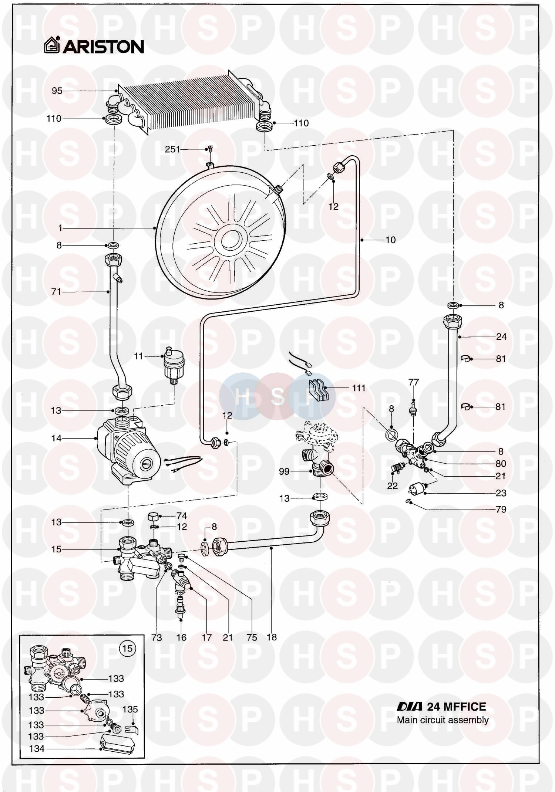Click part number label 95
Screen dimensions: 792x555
click(x=57, y=91)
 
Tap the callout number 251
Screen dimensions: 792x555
click(x=172, y=149)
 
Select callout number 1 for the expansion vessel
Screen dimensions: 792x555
click(x=60, y=228)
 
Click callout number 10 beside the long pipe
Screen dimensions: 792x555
click(x=390, y=240)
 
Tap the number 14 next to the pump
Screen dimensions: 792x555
click(x=56, y=438)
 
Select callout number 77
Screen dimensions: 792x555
click(x=414, y=382)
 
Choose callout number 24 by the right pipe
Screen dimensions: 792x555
click(x=501, y=336)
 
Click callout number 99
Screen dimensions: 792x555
click(x=284, y=471)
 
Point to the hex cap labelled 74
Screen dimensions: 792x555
click(x=153, y=516)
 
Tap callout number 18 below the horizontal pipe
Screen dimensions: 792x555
click(x=272, y=637)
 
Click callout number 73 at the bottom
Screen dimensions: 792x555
click(x=157, y=637)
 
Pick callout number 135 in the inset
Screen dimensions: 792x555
click(x=130, y=709)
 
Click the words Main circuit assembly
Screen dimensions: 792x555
click(x=443, y=720)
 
